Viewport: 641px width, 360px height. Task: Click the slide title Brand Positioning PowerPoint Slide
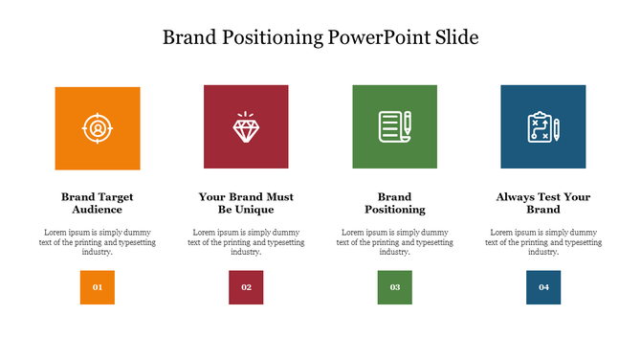tap(320, 37)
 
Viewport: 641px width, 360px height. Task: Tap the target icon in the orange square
tap(97, 127)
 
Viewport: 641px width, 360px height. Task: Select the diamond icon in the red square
tap(246, 126)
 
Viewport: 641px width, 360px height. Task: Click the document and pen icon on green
tap(394, 126)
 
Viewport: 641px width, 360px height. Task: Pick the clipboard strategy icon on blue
tap(542, 126)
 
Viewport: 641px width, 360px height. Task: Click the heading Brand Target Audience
tap(97, 203)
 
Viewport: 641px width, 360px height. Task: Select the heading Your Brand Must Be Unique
tap(246, 203)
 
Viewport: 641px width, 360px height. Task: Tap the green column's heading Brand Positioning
tap(394, 203)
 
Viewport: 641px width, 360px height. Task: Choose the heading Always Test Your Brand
tap(542, 203)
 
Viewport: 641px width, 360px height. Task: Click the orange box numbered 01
tap(97, 287)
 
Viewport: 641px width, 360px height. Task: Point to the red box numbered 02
tap(246, 287)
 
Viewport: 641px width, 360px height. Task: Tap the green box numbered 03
tap(394, 287)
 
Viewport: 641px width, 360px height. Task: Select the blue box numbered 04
tap(543, 287)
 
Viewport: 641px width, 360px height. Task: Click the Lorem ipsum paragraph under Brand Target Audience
tap(97, 242)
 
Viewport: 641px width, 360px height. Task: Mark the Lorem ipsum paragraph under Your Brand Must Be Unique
tap(246, 242)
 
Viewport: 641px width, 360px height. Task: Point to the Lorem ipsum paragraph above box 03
tap(394, 242)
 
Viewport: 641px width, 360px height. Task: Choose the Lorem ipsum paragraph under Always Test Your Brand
tap(542, 242)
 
